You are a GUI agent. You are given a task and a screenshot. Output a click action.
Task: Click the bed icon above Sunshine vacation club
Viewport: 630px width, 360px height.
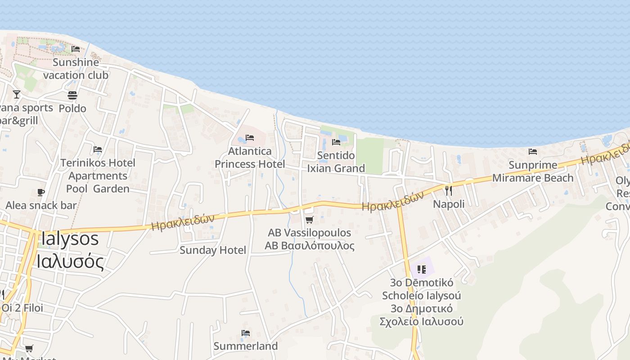pos(76,49)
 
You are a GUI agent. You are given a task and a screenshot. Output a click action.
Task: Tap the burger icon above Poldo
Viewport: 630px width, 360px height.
pos(72,95)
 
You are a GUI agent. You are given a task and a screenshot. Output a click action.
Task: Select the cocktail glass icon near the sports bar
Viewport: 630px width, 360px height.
pos(17,94)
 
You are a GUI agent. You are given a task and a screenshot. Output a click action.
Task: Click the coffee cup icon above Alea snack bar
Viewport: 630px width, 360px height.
pos(41,193)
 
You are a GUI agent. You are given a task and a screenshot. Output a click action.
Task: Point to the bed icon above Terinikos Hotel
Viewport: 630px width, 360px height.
pos(98,149)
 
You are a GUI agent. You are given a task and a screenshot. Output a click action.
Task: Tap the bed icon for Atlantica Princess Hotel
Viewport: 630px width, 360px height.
pos(250,138)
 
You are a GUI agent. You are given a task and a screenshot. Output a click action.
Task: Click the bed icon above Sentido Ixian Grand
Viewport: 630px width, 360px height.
pos(336,142)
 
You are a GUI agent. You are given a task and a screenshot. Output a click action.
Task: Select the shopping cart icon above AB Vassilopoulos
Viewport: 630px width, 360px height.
pos(309,220)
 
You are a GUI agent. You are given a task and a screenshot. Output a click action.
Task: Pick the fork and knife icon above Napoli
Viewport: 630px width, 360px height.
pos(448,191)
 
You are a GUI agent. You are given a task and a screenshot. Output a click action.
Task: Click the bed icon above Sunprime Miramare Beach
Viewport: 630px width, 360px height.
pos(533,152)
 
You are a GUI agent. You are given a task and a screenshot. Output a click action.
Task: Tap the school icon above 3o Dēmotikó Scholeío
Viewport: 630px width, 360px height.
pos(422,270)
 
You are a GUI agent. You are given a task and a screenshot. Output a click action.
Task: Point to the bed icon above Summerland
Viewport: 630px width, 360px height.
pos(246,333)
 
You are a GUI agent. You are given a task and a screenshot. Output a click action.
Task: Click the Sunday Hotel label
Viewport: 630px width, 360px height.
pos(213,250)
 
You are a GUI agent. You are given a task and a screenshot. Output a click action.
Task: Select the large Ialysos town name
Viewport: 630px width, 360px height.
pos(69,238)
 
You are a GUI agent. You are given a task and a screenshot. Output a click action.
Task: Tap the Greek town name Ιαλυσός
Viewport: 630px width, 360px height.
pos(70,261)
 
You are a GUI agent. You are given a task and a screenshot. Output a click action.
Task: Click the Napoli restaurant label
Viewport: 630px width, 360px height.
pos(449,204)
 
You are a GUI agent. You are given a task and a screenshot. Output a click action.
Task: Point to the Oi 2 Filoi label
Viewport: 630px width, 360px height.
pos(22,308)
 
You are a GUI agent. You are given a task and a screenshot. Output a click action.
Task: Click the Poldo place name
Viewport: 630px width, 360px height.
pos(72,108)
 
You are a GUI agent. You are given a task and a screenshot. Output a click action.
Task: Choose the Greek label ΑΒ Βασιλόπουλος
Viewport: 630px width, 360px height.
pos(310,246)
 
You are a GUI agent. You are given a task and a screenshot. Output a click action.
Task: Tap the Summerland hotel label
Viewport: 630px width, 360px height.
pos(246,346)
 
